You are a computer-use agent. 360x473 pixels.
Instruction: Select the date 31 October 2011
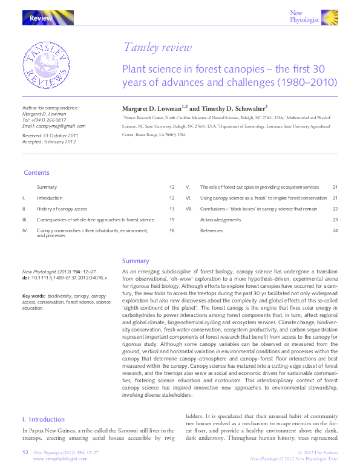point(65,136)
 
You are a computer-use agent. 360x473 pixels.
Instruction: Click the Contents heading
point(36,173)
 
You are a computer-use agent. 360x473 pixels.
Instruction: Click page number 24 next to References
point(335,230)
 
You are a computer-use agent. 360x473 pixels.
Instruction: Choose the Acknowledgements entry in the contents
point(220,220)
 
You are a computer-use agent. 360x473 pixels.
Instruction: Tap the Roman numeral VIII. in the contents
point(189,209)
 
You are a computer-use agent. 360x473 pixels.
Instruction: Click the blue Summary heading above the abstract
point(136,261)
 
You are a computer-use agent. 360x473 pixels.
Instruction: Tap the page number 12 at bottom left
point(25,452)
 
